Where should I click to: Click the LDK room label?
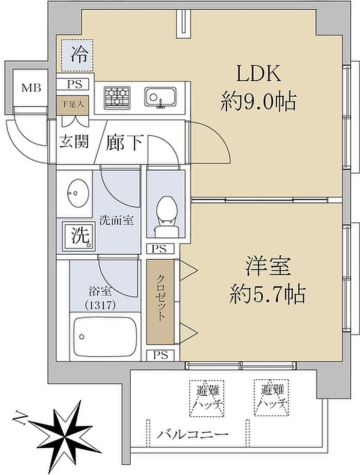(258, 75)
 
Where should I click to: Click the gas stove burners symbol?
(118, 97)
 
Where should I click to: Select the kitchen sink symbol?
(160, 97)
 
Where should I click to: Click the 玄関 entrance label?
(74, 143)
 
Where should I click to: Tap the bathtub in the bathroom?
(107, 336)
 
